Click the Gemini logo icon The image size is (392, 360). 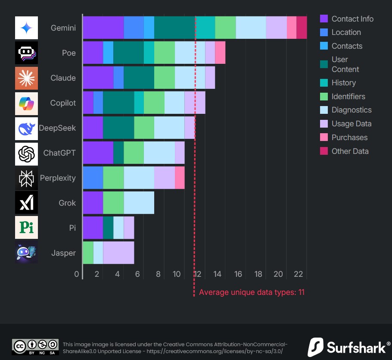click(26, 28)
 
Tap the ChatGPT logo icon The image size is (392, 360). click(26, 154)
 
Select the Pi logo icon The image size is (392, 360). click(26, 227)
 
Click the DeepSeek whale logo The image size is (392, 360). click(26, 128)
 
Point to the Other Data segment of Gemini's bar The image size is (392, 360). click(302, 28)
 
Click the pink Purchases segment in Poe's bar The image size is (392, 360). click(220, 53)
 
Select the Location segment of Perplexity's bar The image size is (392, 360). click(93, 178)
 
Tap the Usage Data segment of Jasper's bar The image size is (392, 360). click(118, 253)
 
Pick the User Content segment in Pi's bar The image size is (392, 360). click(108, 228)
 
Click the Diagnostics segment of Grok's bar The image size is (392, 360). click(139, 203)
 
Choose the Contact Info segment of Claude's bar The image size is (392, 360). click(98, 78)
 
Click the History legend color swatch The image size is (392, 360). click(324, 83)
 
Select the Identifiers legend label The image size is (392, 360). click(348, 97)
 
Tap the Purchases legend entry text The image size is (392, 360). click(349, 138)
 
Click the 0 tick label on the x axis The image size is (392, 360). click(77, 274)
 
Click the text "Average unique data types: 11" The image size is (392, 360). click(252, 292)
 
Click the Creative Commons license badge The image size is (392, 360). click(35, 347)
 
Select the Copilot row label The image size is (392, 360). click(63, 103)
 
